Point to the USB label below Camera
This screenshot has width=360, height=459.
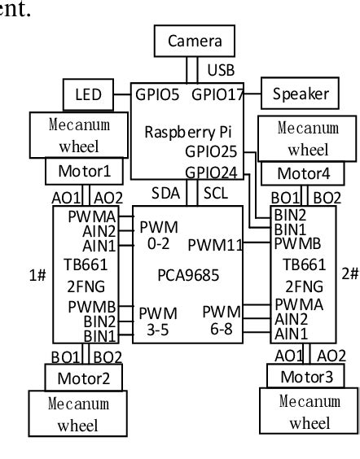point(221,70)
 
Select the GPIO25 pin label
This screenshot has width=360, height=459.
point(214,151)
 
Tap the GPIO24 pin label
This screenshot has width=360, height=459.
point(214,172)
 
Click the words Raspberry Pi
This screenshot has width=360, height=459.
point(192,130)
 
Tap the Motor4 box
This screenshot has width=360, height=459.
point(303,173)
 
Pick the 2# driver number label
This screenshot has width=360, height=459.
point(350,273)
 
